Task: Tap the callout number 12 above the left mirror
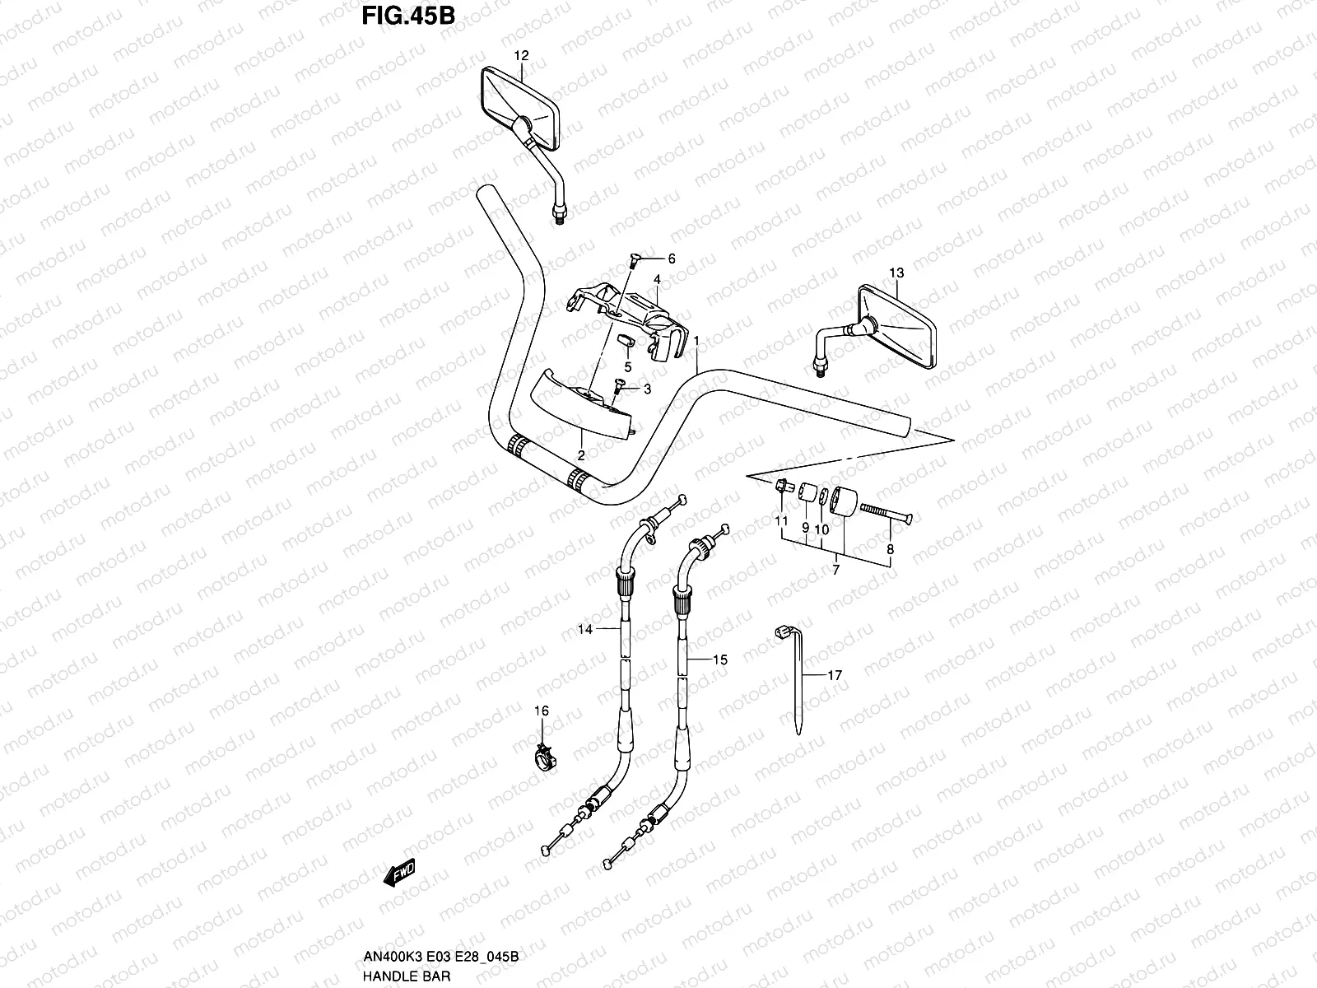(x=521, y=56)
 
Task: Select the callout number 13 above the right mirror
(x=896, y=273)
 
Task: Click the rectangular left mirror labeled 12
(x=518, y=112)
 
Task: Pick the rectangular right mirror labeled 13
(x=897, y=326)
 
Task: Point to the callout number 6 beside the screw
(x=671, y=259)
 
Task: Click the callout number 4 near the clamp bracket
(x=657, y=280)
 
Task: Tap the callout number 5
(x=627, y=367)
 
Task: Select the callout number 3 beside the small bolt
(x=647, y=389)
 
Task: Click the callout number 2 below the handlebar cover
(x=581, y=455)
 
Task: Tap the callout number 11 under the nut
(x=781, y=521)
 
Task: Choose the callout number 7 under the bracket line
(x=835, y=570)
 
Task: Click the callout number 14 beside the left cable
(x=585, y=630)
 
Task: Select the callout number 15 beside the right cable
(x=720, y=659)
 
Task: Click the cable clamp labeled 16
(x=544, y=753)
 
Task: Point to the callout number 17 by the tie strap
(x=835, y=675)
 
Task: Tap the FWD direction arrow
(x=400, y=872)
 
